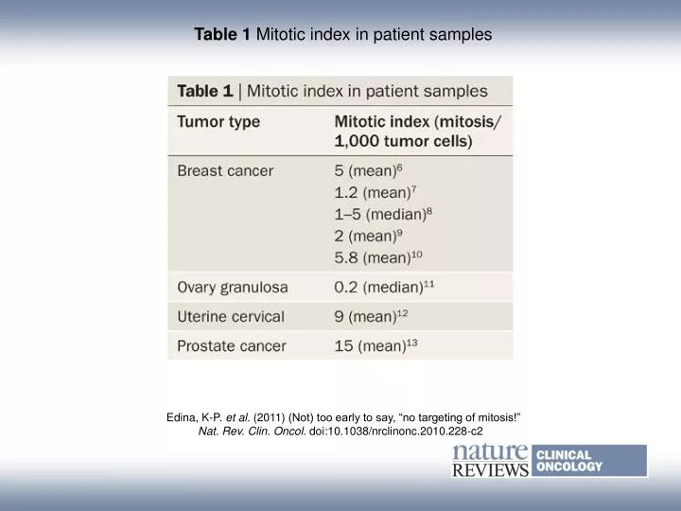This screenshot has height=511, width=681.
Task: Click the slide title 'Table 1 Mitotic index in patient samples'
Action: (x=343, y=35)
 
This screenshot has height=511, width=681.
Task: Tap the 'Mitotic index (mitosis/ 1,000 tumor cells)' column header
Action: (x=418, y=132)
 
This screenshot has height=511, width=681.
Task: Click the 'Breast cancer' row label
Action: (x=225, y=171)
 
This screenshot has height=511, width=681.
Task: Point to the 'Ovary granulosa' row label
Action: (x=233, y=287)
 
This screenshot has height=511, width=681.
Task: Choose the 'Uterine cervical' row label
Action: (x=230, y=316)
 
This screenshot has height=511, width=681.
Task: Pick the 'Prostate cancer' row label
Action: (x=231, y=346)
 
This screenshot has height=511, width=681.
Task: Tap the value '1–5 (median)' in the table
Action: (x=383, y=213)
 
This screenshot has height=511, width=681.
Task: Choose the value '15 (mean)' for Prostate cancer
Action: (x=375, y=346)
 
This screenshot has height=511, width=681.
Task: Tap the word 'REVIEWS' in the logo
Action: (x=490, y=469)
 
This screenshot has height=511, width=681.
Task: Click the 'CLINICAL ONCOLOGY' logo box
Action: (x=589, y=461)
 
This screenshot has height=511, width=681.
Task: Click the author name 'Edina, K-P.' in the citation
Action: (x=193, y=416)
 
